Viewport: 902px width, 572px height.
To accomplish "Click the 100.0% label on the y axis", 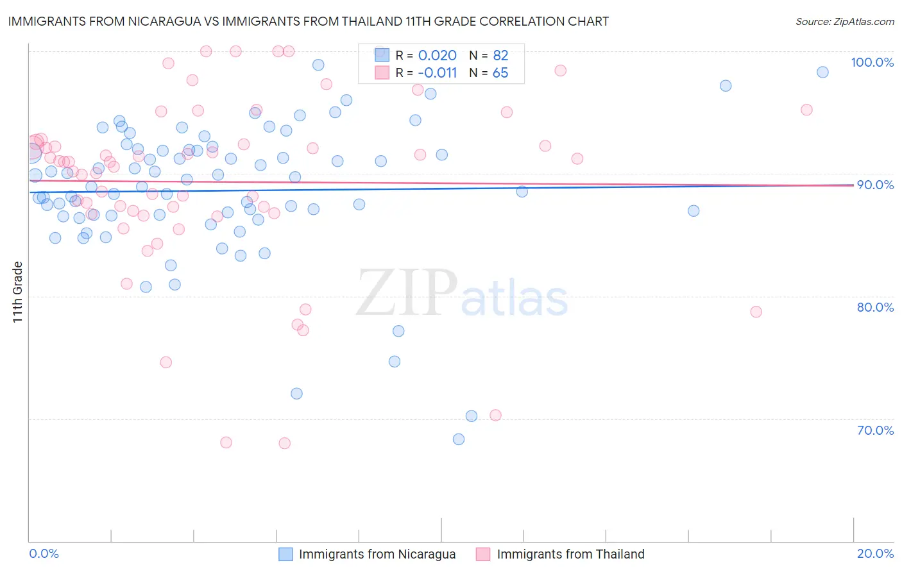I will [872, 62].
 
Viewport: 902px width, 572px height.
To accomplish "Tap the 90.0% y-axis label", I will [875, 185].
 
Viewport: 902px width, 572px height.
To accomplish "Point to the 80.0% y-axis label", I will [875, 307].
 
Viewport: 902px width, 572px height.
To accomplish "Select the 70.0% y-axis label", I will [875, 430].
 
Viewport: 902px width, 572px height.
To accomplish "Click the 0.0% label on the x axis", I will [44, 553].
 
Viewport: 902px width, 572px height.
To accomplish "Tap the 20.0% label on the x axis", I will [875, 553].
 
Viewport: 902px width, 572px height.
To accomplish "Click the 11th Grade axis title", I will [17, 292].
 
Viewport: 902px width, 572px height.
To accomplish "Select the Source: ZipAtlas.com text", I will [844, 22].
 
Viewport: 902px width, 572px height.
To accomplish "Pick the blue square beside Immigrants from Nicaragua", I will [285, 554].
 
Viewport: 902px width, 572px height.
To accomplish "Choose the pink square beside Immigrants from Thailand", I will [483, 554].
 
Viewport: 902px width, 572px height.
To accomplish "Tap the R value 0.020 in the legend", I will [437, 56].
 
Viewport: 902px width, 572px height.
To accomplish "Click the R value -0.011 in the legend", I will [437, 73].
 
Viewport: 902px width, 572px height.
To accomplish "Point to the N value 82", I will [500, 56].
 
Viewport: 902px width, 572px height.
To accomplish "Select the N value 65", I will [500, 73].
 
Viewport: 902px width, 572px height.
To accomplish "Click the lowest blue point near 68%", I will [459, 439].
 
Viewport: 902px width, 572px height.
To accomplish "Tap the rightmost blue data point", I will [822, 72].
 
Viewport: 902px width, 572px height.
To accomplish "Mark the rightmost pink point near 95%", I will [806, 110].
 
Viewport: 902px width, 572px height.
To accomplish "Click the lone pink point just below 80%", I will [756, 312].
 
